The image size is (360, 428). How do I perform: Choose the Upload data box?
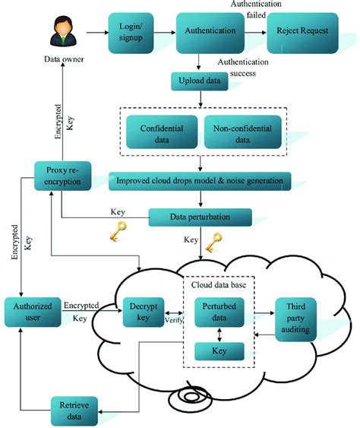pos(199,80)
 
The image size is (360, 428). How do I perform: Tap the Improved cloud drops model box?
pos(199,180)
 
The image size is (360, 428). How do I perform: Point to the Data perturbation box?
pos(199,217)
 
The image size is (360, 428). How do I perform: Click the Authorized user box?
pos(31,312)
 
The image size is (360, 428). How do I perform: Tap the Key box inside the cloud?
pos(219,351)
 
